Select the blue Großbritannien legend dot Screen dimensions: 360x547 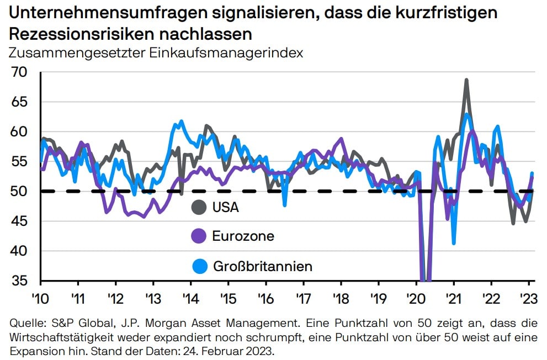[199, 267]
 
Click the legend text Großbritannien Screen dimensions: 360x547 [263, 267]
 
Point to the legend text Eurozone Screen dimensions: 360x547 [243, 236]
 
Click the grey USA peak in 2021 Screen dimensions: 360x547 [466, 80]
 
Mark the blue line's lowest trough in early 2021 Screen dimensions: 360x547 [454, 243]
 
